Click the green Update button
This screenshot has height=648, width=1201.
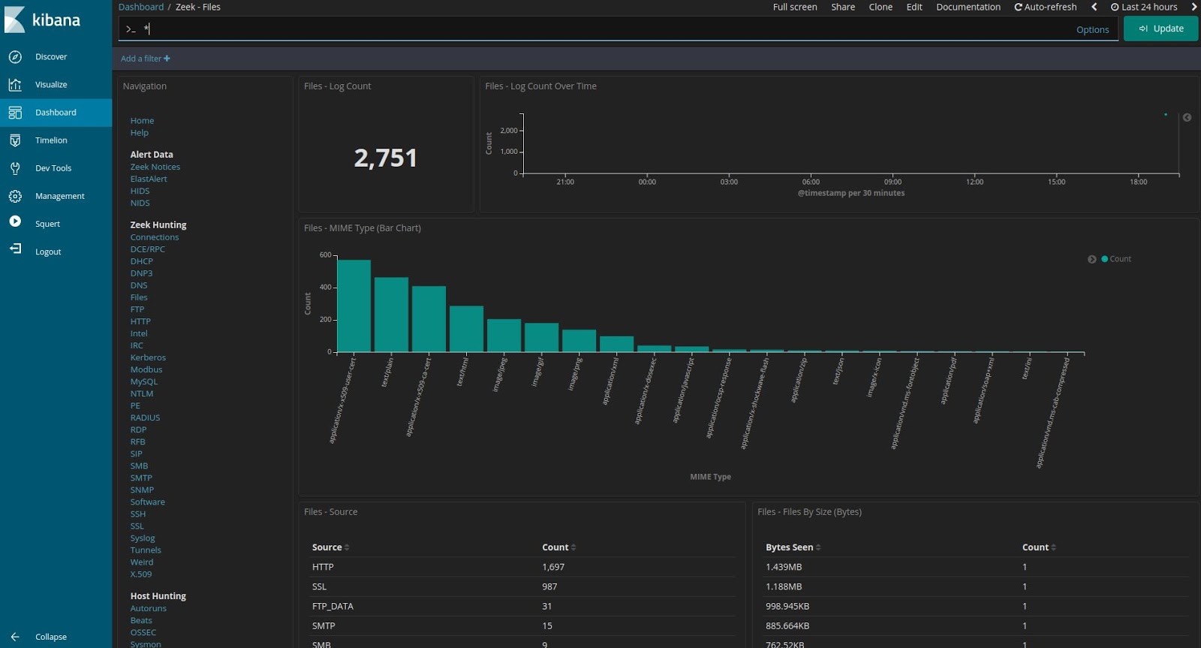click(1160, 29)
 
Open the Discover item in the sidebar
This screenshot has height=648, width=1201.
click(50, 57)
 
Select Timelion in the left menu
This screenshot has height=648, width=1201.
click(50, 140)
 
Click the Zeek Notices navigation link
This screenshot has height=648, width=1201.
click(155, 167)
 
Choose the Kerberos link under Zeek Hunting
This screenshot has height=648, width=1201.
click(148, 357)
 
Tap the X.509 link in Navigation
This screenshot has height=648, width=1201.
click(140, 574)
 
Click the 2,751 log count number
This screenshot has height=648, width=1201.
click(385, 158)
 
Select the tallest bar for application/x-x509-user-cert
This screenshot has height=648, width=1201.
click(354, 306)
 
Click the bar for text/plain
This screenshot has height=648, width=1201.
click(391, 315)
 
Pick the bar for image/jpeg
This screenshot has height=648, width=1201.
click(504, 335)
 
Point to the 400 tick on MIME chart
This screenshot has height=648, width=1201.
click(326, 287)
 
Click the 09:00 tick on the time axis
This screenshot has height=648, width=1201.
click(892, 182)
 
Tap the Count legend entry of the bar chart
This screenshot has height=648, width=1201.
click(1119, 259)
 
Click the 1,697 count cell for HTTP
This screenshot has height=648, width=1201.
click(553, 567)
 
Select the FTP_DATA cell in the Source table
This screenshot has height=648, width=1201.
click(333, 606)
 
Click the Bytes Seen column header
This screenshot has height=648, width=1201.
click(789, 547)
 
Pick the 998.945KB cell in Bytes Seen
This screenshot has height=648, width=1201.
click(787, 606)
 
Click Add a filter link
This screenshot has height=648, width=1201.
click(145, 59)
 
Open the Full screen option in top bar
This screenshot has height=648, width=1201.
click(795, 7)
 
